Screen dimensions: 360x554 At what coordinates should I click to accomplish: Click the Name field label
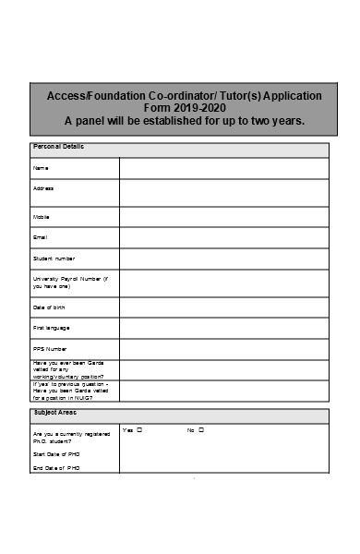pyautogui.click(x=41, y=168)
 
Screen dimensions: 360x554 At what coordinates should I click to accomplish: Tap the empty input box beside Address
pyautogui.click(x=223, y=192)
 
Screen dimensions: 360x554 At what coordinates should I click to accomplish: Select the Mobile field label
pyautogui.click(x=42, y=217)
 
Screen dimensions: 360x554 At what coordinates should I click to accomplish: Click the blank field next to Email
pyautogui.click(x=223, y=238)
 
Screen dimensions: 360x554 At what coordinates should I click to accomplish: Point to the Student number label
pyautogui.click(x=54, y=259)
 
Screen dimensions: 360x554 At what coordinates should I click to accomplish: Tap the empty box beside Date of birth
pyautogui.click(x=223, y=307)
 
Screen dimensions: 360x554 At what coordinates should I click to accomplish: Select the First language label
pyautogui.click(x=52, y=328)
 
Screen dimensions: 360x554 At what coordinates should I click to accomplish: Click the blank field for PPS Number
pyautogui.click(x=223, y=349)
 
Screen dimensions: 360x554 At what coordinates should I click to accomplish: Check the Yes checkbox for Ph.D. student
pyautogui.click(x=139, y=430)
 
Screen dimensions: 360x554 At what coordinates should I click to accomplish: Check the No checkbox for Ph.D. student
pyautogui.click(x=201, y=430)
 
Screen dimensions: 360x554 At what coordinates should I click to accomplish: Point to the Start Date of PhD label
pyautogui.click(x=56, y=454)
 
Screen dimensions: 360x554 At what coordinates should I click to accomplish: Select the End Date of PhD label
pyautogui.click(x=56, y=468)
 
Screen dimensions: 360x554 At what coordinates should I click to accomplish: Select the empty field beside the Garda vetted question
pyautogui.click(x=223, y=369)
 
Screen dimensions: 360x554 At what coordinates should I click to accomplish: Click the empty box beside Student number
pyautogui.click(x=223, y=259)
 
